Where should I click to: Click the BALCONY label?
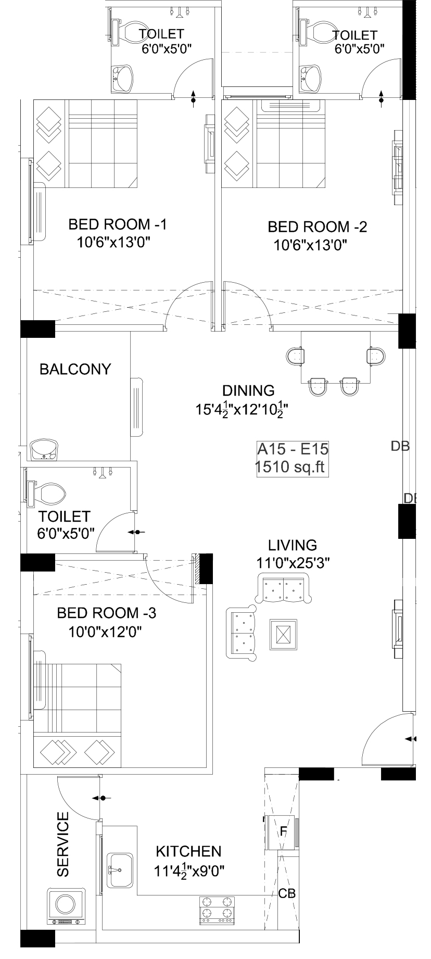(75, 369)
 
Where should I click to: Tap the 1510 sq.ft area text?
(289, 467)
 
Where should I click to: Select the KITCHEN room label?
(189, 852)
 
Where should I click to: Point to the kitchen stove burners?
(217, 910)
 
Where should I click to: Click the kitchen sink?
(121, 870)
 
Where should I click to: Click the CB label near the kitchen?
(287, 893)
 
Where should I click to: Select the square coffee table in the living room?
(283, 635)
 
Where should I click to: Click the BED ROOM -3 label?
(106, 613)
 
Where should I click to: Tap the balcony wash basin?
(45, 450)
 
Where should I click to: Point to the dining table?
(335, 357)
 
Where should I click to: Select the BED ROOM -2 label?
(318, 227)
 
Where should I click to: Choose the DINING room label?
(248, 390)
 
